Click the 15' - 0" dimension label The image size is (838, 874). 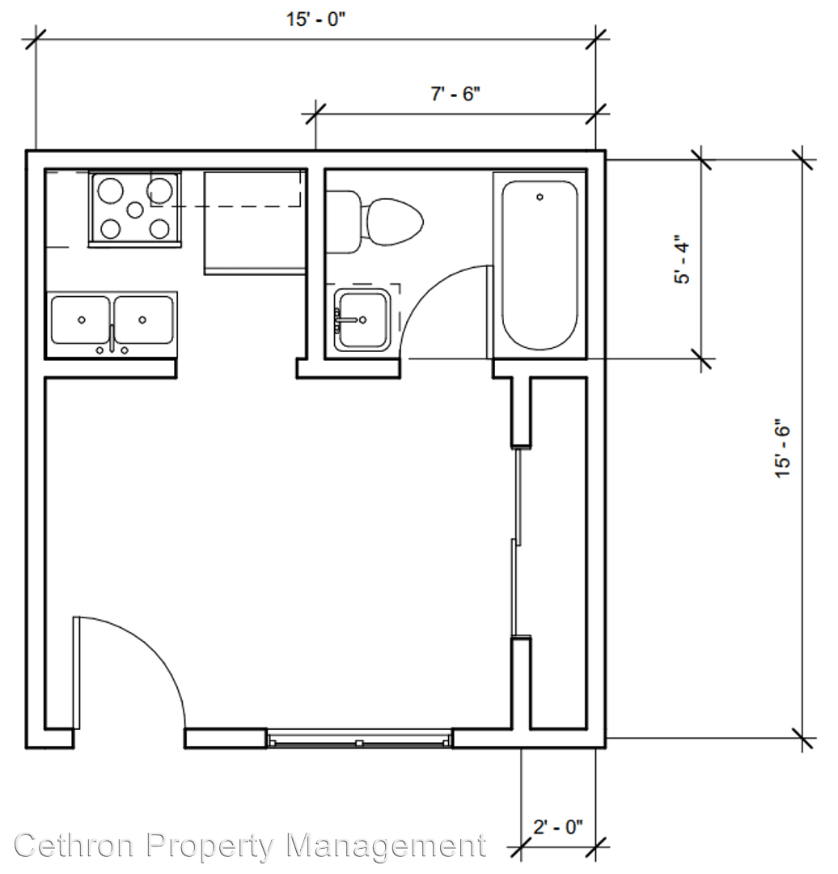(316, 20)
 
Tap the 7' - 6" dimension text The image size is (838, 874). (455, 94)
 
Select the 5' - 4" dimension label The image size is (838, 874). (682, 262)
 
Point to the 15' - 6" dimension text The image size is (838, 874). (782, 452)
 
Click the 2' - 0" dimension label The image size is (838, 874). (558, 826)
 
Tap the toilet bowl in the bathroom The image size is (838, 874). (393, 222)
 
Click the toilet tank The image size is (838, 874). (343, 222)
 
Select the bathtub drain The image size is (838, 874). (540, 197)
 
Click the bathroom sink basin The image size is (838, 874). (362, 320)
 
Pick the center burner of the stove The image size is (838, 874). (135, 210)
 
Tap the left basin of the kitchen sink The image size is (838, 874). (80, 320)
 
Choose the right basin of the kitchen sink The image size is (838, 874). (144, 320)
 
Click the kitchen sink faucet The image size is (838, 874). (112, 341)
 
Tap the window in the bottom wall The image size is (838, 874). (359, 738)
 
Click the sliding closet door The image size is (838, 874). (517, 541)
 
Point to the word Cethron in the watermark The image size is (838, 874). (74, 845)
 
